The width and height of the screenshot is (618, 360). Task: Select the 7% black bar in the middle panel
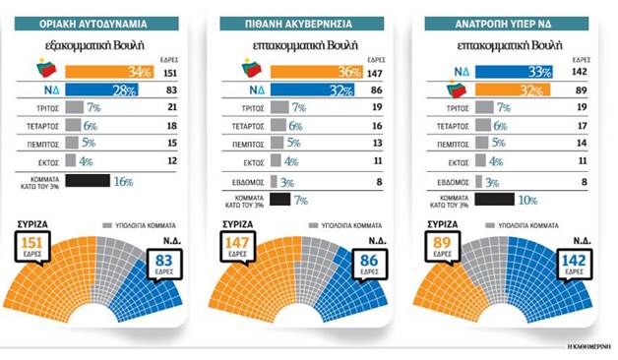coord(278,199)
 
